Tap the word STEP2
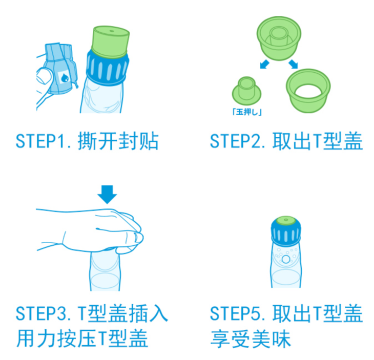(236, 141)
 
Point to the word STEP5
(236, 313)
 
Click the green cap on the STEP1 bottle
(111, 41)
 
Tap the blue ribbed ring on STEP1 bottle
(108, 68)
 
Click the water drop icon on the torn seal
(65, 78)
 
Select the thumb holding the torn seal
(45, 76)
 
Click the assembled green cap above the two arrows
(279, 38)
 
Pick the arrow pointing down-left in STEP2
(264, 64)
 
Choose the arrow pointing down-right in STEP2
(293, 64)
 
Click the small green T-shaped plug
(246, 91)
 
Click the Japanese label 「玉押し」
(247, 112)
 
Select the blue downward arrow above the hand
(107, 194)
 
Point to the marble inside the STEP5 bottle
(286, 259)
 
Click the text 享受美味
(251, 339)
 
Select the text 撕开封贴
(118, 141)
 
